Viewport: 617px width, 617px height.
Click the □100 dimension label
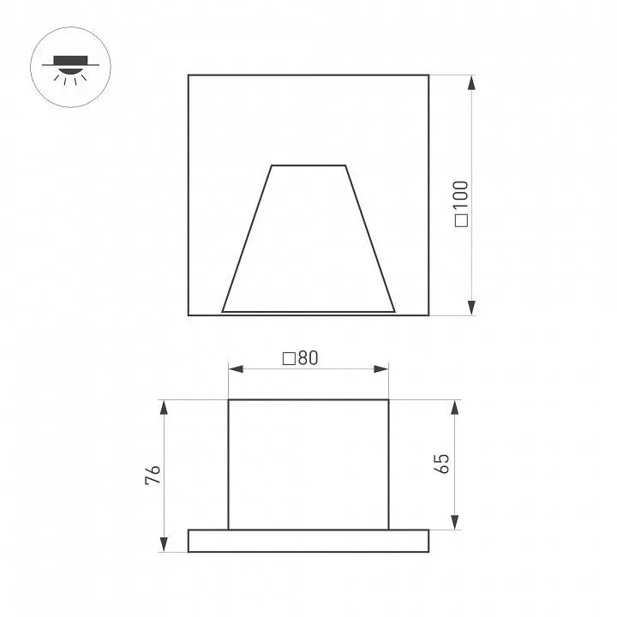point(461,204)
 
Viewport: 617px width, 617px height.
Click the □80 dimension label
point(300,358)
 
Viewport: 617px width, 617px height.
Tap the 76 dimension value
point(153,475)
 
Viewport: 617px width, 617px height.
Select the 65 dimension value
point(442,464)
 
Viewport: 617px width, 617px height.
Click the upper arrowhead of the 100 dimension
point(471,82)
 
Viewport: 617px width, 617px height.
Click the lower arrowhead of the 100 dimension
point(471,308)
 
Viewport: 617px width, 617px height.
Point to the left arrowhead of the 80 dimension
point(236,369)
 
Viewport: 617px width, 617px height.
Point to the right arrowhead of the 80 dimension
point(380,369)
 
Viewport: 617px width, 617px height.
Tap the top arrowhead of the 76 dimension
point(164,407)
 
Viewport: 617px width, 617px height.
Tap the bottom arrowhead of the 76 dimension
point(164,544)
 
